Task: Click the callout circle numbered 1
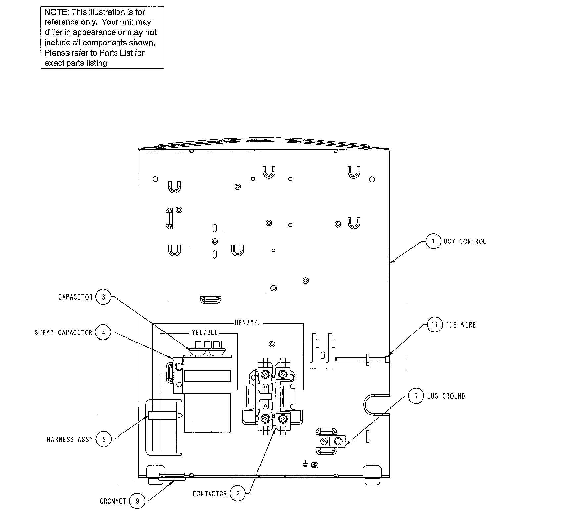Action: coord(433,241)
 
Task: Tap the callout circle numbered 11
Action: coord(435,325)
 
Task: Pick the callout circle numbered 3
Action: coord(103,297)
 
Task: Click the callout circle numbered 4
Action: coord(103,332)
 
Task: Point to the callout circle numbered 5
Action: coord(104,439)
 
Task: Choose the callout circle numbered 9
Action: coord(137,501)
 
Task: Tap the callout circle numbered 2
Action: coord(238,494)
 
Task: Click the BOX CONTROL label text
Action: coord(465,242)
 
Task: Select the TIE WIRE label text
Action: coord(460,325)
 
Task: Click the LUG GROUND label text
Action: coord(446,396)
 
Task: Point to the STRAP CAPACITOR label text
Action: coord(64,332)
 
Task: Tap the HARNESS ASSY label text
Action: coord(70,440)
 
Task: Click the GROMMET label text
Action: coord(113,501)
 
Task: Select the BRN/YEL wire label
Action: coord(248,323)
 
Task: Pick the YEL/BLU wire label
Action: coord(205,333)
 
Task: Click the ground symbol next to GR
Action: coord(305,464)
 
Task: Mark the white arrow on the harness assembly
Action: coord(180,416)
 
